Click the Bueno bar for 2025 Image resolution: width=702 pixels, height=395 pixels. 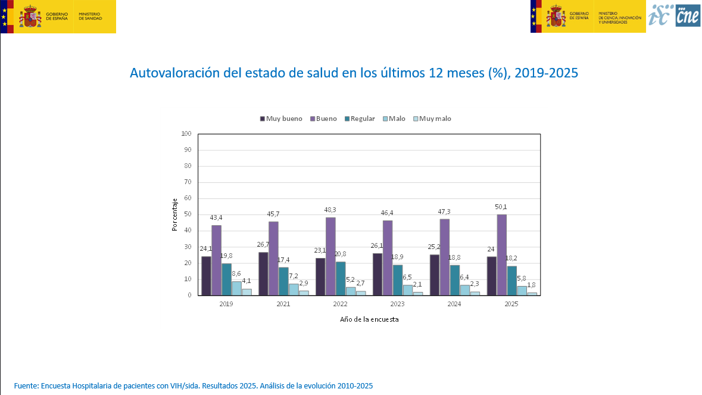(502, 254)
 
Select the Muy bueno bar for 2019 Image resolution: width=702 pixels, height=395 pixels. (206, 275)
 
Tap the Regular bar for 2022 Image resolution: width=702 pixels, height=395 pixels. (341, 278)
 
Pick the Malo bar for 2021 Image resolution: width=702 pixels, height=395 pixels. (294, 289)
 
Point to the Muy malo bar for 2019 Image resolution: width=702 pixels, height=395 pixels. (247, 292)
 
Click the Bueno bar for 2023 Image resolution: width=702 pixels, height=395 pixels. (388, 257)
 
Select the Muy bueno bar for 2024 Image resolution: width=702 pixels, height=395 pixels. (435, 275)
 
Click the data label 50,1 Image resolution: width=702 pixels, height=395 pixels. (501, 207)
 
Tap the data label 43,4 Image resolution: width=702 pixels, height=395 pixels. (216, 218)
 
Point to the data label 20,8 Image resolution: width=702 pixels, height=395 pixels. (341, 254)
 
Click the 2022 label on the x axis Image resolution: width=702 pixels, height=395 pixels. (340, 304)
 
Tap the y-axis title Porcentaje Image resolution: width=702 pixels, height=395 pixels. (175, 214)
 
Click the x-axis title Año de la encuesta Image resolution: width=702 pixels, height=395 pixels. (369, 319)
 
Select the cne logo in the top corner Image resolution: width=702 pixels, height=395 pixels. (688, 15)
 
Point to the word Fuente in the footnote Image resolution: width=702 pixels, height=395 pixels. (26, 386)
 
